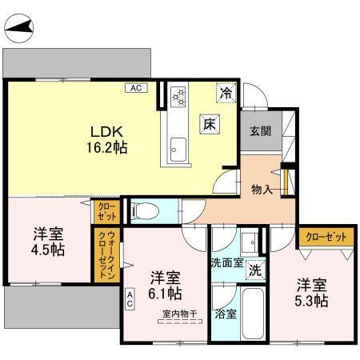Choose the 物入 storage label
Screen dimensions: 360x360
click(262, 189)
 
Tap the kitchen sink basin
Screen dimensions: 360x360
click(178, 148)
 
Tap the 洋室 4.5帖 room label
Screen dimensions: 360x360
click(49, 241)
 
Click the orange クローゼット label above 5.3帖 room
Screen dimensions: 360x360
click(326, 236)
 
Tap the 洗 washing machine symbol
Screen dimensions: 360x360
click(254, 270)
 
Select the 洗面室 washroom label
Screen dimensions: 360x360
click(227, 262)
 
